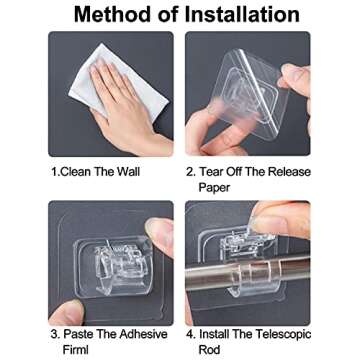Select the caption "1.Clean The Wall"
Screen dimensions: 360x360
[95, 172]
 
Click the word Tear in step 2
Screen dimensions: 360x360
[211, 172]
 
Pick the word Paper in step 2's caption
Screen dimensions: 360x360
[214, 188]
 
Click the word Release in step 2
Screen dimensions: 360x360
[289, 172]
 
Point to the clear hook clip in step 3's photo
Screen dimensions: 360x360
[114, 267]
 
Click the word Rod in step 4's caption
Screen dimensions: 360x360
[210, 350]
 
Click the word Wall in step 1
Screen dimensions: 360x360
[128, 172]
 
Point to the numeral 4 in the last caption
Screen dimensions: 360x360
[190, 334]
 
